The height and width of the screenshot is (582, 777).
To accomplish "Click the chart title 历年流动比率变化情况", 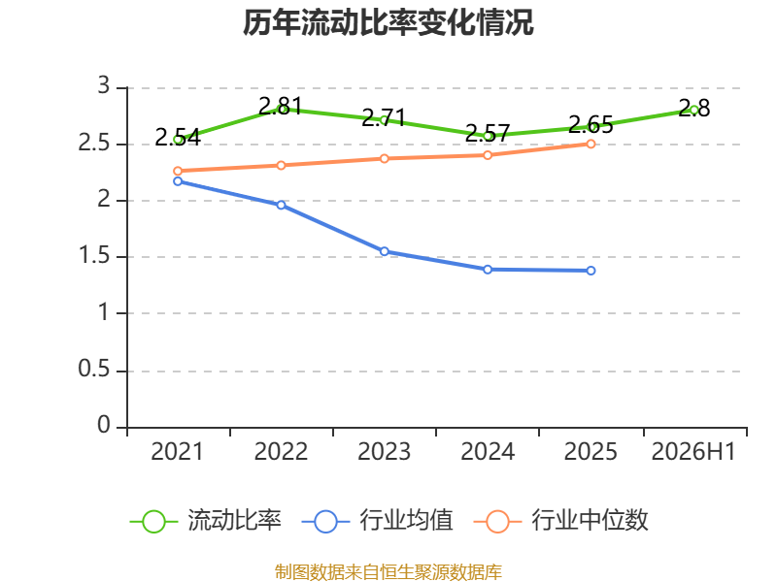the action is (388, 22).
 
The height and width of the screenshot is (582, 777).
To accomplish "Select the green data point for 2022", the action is (281, 110).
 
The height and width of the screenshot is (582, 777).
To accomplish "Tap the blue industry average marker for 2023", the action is (384, 251).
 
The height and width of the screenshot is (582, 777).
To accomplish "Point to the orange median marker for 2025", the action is (591, 144).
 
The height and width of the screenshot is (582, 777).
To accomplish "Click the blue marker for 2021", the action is (178, 181).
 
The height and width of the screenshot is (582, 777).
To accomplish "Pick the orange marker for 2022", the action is (281, 165).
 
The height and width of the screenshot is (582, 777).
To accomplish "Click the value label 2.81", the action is (281, 106).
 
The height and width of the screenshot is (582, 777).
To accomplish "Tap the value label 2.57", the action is (488, 133).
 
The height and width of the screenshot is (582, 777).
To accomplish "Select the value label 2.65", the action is (591, 124).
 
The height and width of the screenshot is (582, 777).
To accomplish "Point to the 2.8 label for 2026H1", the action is (693, 108).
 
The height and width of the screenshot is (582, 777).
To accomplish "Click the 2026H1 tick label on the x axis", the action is (693, 451).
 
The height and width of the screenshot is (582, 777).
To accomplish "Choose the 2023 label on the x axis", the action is (384, 451).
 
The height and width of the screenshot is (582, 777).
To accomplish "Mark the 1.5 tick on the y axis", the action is (94, 255).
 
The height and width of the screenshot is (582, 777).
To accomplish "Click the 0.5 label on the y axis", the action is (94, 369).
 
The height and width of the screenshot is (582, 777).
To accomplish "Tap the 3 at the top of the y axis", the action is (104, 85).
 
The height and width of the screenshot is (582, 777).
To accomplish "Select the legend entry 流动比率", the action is (206, 521).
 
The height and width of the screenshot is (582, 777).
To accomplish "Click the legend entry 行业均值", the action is (378, 521).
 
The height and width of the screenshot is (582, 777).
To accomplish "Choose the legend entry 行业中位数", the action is (561, 521).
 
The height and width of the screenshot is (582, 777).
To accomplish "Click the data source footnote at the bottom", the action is (388, 572).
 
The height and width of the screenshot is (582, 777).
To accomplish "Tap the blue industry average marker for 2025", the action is (591, 271).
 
